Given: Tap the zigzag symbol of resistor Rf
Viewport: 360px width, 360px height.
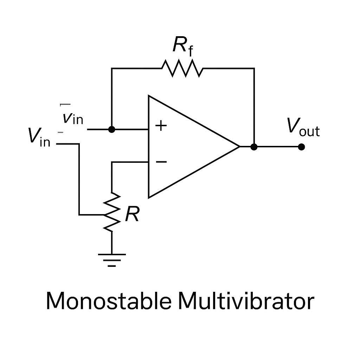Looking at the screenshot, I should point(182,69).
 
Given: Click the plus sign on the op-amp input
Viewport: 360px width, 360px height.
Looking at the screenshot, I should point(161,126).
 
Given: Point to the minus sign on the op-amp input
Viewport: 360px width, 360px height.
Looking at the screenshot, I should point(161,161).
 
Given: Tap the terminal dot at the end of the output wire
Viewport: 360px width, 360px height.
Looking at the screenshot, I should point(301,147).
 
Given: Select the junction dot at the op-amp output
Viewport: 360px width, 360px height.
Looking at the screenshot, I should point(254,147).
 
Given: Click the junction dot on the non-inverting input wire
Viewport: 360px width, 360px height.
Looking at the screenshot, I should point(112,129).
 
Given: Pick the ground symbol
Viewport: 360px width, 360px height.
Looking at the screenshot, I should point(112,259).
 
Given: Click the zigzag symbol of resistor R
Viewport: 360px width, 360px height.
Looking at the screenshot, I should point(112,212).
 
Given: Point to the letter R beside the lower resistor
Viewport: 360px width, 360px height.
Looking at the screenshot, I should point(132,214).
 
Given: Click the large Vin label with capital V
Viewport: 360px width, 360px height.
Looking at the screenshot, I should point(38,137).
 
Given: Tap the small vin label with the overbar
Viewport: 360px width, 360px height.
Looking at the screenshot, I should point(73,118).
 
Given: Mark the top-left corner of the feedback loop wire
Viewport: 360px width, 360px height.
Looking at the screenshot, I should point(112,69).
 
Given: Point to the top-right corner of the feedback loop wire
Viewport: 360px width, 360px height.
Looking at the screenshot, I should point(254,69).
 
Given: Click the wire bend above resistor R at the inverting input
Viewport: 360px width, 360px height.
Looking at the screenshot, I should point(112,162).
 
